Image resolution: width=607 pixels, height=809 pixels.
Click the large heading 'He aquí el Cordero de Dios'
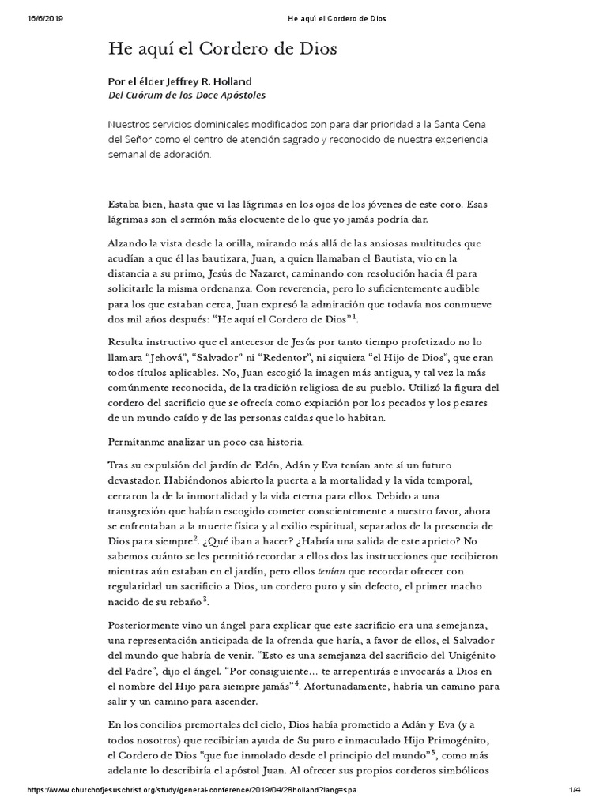pyautogui.click(x=223, y=49)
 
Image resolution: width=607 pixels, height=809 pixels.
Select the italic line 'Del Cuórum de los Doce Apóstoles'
pyautogui.click(x=187, y=95)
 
